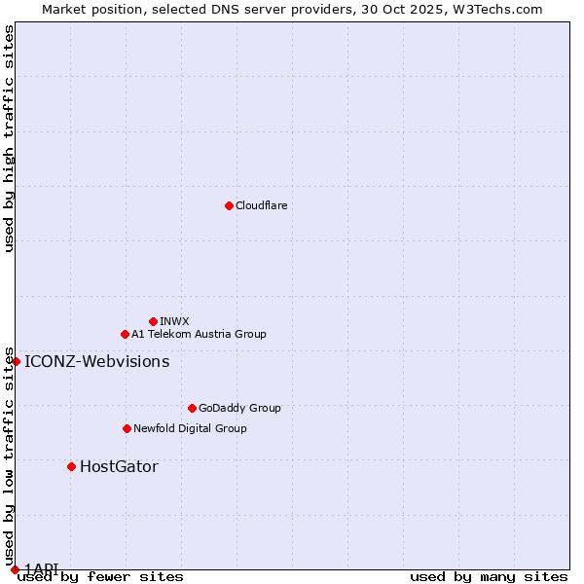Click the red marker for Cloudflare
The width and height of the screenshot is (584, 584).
[x=229, y=205]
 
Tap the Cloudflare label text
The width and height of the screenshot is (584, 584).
[x=261, y=205]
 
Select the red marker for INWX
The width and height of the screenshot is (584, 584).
[x=153, y=321]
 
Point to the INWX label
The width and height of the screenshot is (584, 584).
[x=174, y=321]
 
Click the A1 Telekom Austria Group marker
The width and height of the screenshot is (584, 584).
[x=125, y=334]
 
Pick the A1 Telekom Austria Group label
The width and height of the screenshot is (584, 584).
[x=199, y=334]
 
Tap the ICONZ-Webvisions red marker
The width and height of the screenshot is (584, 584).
[x=16, y=361]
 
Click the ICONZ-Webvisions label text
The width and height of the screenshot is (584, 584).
[x=96, y=362]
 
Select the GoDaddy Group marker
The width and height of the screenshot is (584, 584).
[x=192, y=408]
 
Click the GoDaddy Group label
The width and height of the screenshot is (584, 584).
[x=239, y=408]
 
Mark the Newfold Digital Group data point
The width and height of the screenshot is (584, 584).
[x=127, y=428]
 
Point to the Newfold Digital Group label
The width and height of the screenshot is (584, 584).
[x=190, y=428]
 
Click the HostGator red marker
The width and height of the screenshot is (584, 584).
[x=71, y=466]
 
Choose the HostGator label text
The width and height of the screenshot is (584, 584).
[x=119, y=467]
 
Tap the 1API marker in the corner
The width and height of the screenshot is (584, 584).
[x=15, y=569]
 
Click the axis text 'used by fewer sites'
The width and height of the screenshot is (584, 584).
[x=100, y=576]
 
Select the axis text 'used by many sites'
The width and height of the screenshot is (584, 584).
[x=489, y=576]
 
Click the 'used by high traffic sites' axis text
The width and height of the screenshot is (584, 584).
[x=9, y=138]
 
